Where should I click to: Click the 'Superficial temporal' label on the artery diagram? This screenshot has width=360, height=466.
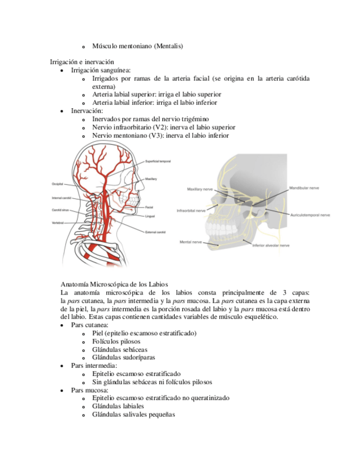coord(158,161)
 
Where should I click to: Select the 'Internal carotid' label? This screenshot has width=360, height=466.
coord(60,198)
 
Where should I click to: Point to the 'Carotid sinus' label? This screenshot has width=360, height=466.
coord(60,210)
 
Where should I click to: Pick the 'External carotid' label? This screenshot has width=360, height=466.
coord(156,231)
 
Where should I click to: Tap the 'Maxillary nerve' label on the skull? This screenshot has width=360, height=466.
coord(200,188)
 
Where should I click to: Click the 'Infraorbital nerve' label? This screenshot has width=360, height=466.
coord(191,210)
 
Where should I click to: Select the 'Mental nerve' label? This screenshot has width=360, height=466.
coord(190,241)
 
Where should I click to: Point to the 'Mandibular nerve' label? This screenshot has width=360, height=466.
coord(304,188)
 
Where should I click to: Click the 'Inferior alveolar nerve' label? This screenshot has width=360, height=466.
coord(271,246)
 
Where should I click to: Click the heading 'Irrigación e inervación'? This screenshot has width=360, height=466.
coord(82,62)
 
